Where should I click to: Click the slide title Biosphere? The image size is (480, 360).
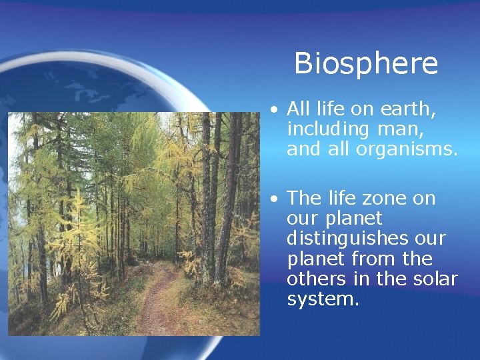point(366,63)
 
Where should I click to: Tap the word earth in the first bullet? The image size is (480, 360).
point(401,109)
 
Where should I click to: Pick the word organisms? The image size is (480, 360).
point(407,149)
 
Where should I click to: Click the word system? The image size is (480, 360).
point(323,299)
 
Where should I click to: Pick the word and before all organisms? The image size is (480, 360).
point(304,149)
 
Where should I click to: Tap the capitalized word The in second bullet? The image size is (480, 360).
point(304,199)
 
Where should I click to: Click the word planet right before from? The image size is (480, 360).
point(316,259)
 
